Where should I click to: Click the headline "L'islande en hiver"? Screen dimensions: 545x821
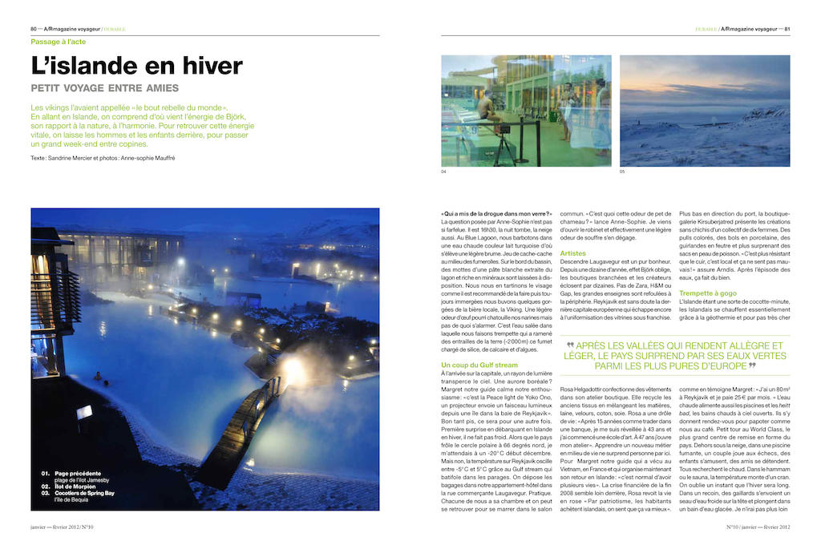pyautogui.click(x=136, y=66)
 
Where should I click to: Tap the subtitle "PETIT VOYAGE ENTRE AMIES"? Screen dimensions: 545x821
pyautogui.click(x=104, y=88)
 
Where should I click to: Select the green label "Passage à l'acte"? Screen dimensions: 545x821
pyautogui.click(x=58, y=42)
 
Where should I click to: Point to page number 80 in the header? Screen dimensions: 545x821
pyautogui.click(x=34, y=29)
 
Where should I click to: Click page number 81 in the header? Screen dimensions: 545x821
pyautogui.click(x=787, y=29)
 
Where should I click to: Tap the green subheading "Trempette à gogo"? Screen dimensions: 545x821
pyautogui.click(x=708, y=293)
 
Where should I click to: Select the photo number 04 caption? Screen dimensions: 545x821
pyautogui.click(x=444, y=172)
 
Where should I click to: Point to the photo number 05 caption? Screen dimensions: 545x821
pyautogui.click(x=622, y=172)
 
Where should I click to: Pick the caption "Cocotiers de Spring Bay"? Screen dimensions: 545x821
pyautogui.click(x=84, y=493)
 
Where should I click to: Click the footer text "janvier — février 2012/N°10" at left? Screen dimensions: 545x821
pyautogui.click(x=63, y=527)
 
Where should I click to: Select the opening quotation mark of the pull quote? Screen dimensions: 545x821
pyautogui.click(x=570, y=345)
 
